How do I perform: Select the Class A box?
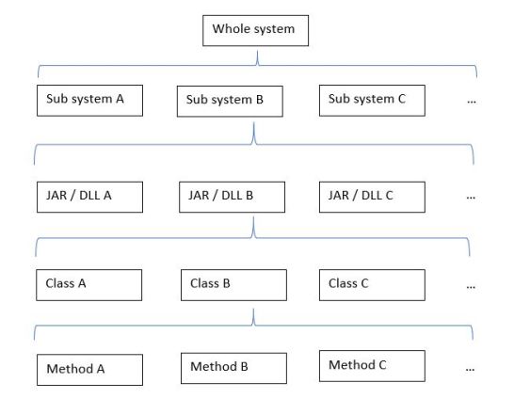pyautogui.click(x=89, y=283)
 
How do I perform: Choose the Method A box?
pyautogui.click(x=89, y=369)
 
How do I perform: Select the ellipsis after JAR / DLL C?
pyautogui.click(x=471, y=199)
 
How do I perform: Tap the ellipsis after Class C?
pyautogui.click(x=471, y=285)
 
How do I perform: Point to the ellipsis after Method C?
pyautogui.click(x=471, y=370)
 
